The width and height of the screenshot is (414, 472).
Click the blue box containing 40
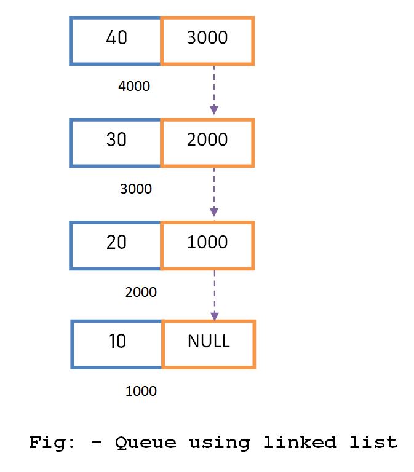[116, 41]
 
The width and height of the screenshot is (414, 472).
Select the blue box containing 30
[116, 143]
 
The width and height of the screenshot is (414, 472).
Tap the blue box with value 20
[116, 245]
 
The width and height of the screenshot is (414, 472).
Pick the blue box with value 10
[116, 344]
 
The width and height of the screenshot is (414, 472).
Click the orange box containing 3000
[207, 41]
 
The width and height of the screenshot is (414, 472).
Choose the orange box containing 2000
[207, 143]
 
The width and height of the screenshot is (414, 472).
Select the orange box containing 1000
[207, 245]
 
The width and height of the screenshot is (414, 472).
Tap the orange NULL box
[209, 344]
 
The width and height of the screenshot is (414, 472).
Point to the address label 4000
[134, 87]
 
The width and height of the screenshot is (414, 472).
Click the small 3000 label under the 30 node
[136, 189]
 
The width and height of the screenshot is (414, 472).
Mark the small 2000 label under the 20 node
[141, 292]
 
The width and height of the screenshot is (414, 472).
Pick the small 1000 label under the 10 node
[141, 391]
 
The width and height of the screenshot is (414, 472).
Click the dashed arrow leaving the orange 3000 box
[213, 90]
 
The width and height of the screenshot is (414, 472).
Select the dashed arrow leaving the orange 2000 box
[213, 192]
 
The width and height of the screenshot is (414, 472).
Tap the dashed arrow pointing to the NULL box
[214, 294]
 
